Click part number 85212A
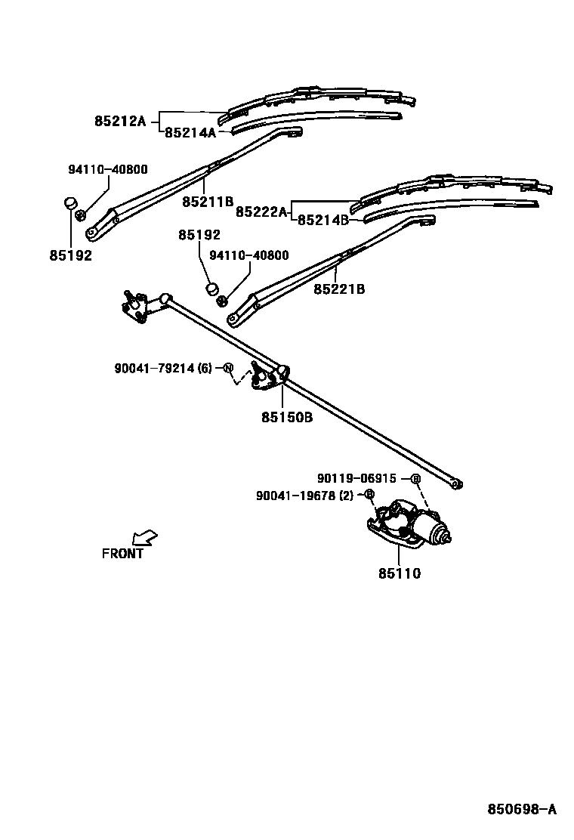(119, 120)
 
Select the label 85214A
(190, 133)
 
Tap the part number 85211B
(208, 202)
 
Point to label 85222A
(262, 212)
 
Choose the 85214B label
(323, 221)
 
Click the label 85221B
(339, 289)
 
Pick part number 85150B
(287, 416)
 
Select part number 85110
(400, 573)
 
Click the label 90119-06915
(357, 478)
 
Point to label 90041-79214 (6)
(163, 369)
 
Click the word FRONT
(122, 554)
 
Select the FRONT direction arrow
(144, 537)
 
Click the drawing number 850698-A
(521, 809)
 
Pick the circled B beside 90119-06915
(415, 479)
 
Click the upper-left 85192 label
(71, 255)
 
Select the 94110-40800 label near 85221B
(248, 256)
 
